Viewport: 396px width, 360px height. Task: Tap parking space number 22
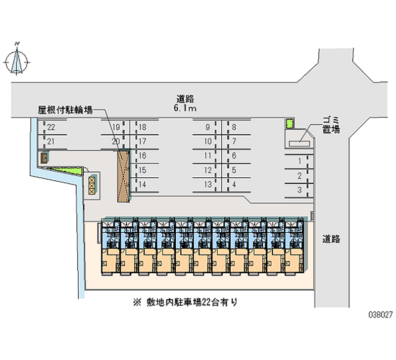click(51, 127)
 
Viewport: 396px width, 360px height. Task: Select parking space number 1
click(299, 161)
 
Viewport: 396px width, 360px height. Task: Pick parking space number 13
click(208, 185)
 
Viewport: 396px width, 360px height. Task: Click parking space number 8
click(234, 127)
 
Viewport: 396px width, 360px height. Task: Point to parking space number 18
click(143, 127)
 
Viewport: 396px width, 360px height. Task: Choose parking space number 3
click(299, 190)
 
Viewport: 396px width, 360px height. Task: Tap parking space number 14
click(143, 185)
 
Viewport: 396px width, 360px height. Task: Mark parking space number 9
click(208, 127)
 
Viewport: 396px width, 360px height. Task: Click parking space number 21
click(51, 142)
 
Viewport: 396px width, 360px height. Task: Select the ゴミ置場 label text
click(331, 125)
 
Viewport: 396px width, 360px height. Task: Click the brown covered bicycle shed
click(123, 176)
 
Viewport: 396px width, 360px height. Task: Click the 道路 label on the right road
click(331, 239)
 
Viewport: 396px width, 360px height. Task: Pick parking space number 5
click(234, 170)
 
